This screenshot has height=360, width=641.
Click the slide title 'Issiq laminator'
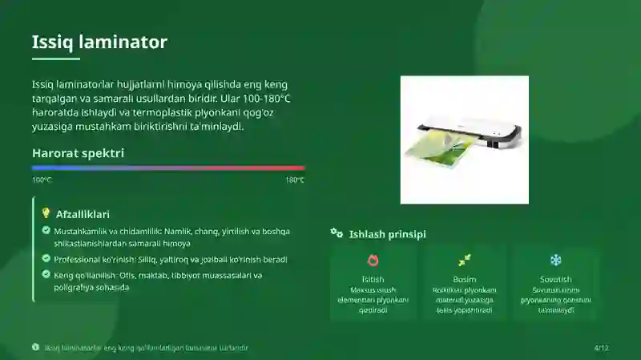pyautogui.click(x=99, y=42)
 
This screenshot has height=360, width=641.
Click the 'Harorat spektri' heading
pyautogui.click(x=78, y=152)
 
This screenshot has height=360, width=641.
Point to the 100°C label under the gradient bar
pyautogui.click(x=42, y=180)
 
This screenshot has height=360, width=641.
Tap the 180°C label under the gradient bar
pyautogui.click(x=295, y=180)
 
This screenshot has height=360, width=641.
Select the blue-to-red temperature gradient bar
pyautogui.click(x=168, y=168)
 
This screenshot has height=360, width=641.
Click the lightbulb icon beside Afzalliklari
pyautogui.click(x=46, y=213)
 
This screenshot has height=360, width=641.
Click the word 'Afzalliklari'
pyautogui.click(x=83, y=214)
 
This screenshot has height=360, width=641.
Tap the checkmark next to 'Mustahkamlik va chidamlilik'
pyautogui.click(x=46, y=231)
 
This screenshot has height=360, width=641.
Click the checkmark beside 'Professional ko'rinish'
pyautogui.click(x=46, y=259)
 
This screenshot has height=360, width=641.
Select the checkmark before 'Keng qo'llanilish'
pyautogui.click(x=46, y=275)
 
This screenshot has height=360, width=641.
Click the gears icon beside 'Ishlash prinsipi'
pyautogui.click(x=337, y=233)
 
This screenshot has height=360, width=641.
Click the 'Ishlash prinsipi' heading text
pyautogui.click(x=387, y=234)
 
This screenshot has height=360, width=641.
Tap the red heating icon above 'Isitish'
pyautogui.click(x=373, y=261)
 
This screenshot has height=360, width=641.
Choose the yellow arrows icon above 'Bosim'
pyautogui.click(x=465, y=261)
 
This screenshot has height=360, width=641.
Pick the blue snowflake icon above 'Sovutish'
pyautogui.click(x=556, y=261)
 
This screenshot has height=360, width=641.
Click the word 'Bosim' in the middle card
pyautogui.click(x=465, y=280)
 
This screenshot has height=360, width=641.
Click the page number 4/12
pyautogui.click(x=601, y=348)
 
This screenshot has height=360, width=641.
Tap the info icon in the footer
pyautogui.click(x=35, y=347)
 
